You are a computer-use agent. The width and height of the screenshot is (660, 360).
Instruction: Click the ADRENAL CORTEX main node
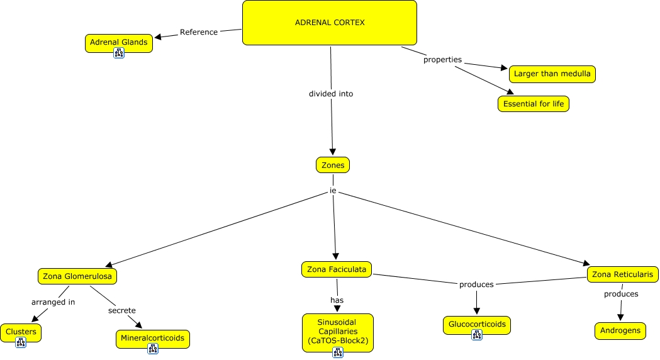tap(330, 23)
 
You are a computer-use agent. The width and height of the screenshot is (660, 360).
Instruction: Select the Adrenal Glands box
tap(118, 42)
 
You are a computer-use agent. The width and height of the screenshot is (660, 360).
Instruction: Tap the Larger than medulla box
tap(552, 74)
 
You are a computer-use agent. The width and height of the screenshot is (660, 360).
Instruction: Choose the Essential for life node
tap(533, 104)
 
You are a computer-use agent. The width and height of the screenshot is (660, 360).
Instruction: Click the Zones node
tap(332, 165)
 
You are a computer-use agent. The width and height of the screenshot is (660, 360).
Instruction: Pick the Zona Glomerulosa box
tap(77, 276)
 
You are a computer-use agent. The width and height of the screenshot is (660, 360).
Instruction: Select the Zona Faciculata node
tap(337, 269)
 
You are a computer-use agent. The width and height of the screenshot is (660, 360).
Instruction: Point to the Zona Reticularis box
tap(623, 274)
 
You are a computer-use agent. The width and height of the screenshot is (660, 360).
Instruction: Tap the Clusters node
tap(21, 331)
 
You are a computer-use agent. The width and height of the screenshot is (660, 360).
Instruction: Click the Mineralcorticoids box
tap(152, 338)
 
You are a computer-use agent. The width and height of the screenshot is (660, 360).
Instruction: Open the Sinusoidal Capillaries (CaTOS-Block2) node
tap(337, 331)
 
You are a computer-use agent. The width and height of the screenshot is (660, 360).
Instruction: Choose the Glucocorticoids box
tap(476, 325)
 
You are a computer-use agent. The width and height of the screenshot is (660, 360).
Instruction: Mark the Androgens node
tap(620, 330)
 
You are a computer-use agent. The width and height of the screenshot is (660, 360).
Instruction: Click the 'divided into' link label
tap(330, 94)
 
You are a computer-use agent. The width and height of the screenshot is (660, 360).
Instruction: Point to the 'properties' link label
tap(442, 60)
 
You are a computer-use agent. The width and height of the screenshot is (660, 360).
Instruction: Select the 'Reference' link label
tap(198, 32)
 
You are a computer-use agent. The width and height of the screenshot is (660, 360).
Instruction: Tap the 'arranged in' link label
tap(53, 302)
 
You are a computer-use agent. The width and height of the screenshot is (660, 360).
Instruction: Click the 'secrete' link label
tap(121, 310)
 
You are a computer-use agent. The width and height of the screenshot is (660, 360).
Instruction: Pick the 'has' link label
tap(337, 300)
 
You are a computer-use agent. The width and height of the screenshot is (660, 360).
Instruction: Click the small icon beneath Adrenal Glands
tap(119, 53)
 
